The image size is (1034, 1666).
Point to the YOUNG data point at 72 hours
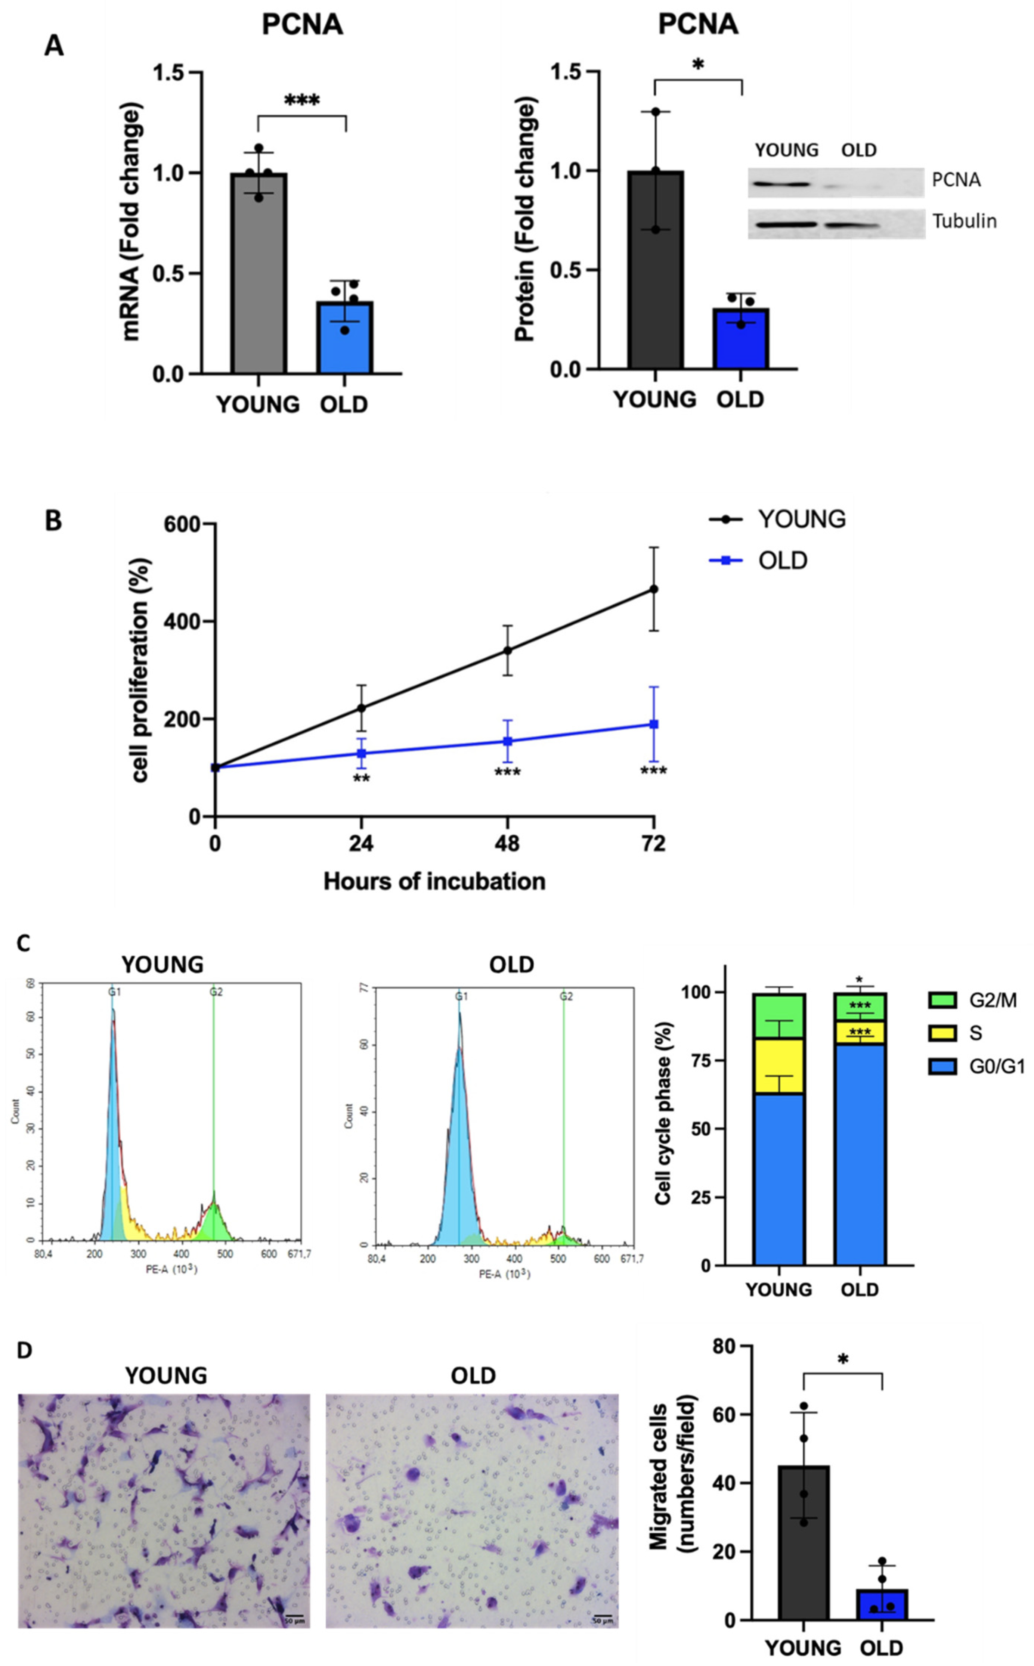click(654, 589)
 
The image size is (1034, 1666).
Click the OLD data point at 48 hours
click(507, 741)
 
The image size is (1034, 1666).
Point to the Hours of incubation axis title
click(434, 881)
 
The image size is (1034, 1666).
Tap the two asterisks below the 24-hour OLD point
click(361, 779)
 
